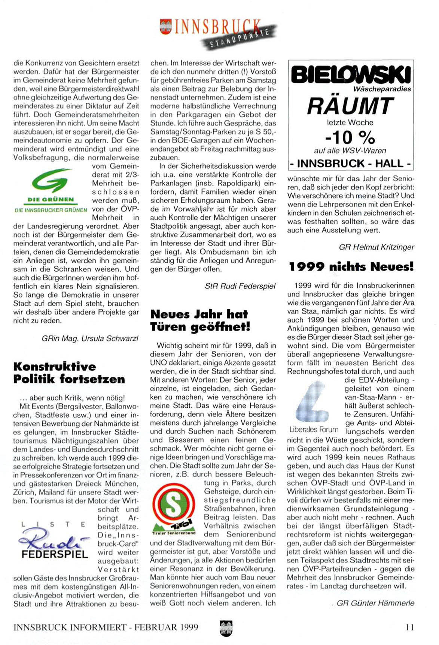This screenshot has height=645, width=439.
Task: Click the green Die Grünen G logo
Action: point(50,181)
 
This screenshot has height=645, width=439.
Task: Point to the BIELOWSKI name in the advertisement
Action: point(351,75)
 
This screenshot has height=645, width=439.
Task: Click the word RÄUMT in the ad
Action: point(350,106)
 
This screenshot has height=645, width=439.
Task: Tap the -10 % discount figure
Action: point(350,137)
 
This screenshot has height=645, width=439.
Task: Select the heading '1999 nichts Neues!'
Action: point(351,266)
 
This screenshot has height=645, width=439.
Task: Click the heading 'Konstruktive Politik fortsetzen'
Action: point(69,373)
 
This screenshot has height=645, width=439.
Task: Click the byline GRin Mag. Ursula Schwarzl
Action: point(90,338)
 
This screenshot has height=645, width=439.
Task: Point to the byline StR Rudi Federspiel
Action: point(240,286)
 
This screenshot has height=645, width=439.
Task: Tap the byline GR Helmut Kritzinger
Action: point(376,247)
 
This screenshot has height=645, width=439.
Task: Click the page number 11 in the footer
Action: point(410,627)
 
